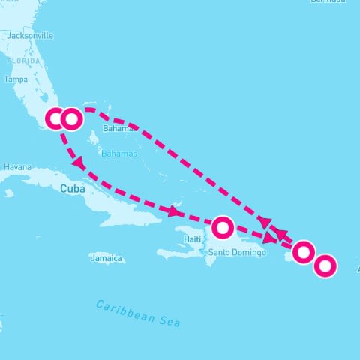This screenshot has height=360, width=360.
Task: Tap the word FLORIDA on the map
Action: [x=23, y=60]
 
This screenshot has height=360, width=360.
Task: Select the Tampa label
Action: [x=16, y=79]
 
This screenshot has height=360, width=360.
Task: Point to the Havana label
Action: [x=17, y=166]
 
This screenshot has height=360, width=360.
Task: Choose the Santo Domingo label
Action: [x=237, y=252]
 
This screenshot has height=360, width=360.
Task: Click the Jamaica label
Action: [x=105, y=258]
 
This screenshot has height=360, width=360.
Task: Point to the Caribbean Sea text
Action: [x=139, y=313]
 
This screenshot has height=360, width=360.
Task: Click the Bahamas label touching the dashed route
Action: [x=116, y=128]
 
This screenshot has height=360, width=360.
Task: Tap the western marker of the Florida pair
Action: [x=56, y=118]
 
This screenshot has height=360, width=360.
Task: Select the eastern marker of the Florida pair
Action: [x=71, y=118]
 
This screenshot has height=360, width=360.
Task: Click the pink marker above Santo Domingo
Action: [x=223, y=226]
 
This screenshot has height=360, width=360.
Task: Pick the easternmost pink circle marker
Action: [x=325, y=265]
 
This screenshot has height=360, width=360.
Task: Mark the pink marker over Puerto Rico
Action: [x=303, y=252]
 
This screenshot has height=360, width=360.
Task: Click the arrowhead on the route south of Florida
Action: [x=77, y=162]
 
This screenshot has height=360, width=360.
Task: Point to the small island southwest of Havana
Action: [x=9, y=193]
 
